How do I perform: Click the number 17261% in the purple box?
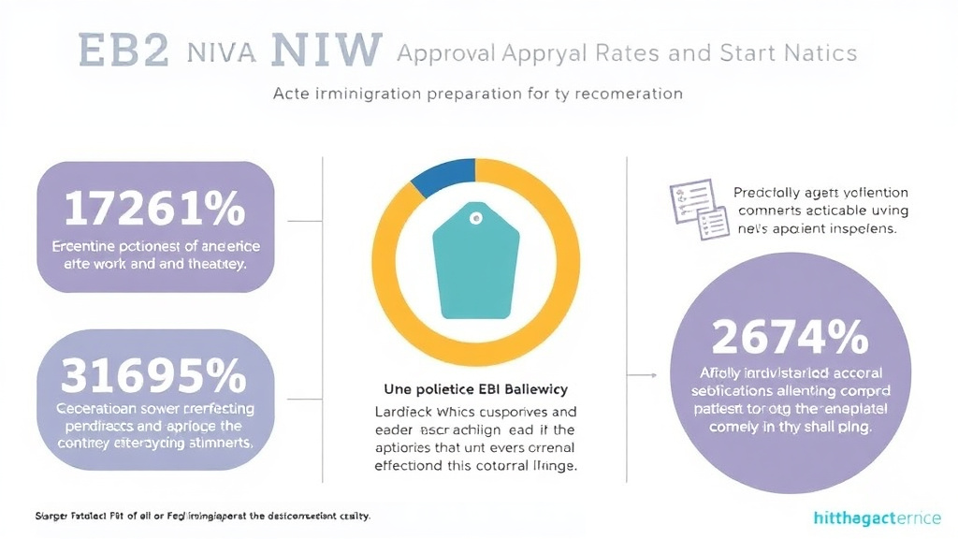pyautogui.click(x=154, y=211)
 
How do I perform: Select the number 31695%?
pyautogui.click(x=154, y=376)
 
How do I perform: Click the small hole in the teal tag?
pyautogui.click(x=476, y=220)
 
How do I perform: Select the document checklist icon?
pyautogui.click(x=698, y=209)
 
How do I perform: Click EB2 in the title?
pyautogui.click(x=111, y=51)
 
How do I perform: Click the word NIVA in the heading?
pyautogui.click(x=220, y=52)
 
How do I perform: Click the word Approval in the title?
pyautogui.click(x=443, y=52)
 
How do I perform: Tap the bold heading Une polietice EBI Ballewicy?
pyautogui.click(x=476, y=388)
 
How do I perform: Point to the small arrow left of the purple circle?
pyautogui.click(x=640, y=373)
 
